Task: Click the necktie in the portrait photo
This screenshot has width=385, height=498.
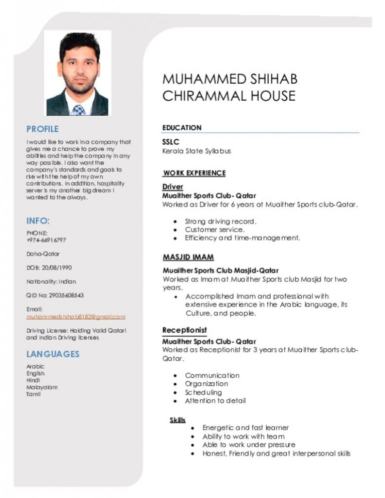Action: pos(78,109)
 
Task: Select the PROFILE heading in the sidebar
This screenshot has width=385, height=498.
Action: pos(43,129)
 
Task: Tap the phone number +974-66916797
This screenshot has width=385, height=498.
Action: pos(46,240)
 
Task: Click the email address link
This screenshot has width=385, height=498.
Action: pos(76,317)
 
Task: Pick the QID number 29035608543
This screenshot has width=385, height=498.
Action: pos(64,295)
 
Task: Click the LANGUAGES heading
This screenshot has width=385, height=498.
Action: pos(53,354)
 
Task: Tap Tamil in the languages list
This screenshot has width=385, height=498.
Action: pos(34,394)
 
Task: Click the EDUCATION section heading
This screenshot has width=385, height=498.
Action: pos(181,128)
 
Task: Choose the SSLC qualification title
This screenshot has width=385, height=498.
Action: pos(170,142)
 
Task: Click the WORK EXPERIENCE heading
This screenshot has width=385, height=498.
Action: pos(194,173)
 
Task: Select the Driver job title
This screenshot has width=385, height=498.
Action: pos(172,187)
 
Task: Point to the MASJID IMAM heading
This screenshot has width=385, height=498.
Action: pos(188,257)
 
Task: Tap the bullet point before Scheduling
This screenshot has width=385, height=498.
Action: pos(174,393)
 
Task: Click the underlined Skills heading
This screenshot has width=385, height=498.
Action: pos(177,419)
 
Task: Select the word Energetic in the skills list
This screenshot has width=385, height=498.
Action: pos(218,428)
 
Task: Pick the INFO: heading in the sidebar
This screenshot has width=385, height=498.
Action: pos(38,220)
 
